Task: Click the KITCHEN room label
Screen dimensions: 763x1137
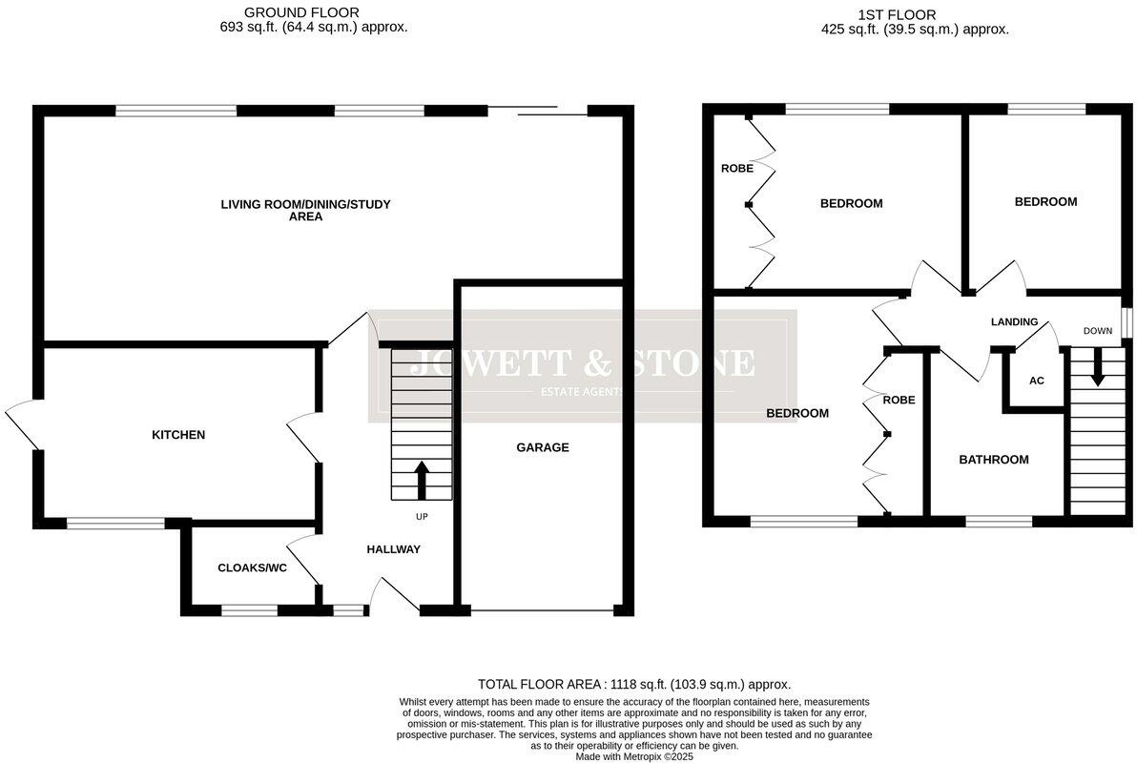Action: point(178,435)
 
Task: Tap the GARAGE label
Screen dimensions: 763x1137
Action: point(543,447)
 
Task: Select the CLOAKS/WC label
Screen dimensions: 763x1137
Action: point(252,567)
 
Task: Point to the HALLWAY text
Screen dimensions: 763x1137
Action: point(393,549)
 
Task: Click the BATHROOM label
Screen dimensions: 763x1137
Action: point(993,460)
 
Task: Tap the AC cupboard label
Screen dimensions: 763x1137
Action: point(1036,381)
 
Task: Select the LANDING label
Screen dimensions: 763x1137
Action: point(1014,322)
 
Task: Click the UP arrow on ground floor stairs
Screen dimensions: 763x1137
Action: point(420,480)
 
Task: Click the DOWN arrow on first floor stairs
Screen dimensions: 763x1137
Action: point(1097,368)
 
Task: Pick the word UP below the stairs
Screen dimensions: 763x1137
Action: point(422,517)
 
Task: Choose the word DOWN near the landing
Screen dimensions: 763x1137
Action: point(1097,331)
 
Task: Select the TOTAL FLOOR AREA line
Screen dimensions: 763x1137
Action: point(634,684)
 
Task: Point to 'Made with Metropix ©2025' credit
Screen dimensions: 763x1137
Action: point(634,756)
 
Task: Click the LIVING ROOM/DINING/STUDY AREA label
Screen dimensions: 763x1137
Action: point(305,210)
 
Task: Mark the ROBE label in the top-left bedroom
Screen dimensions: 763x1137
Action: point(736,169)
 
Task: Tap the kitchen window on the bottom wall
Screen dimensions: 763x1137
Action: point(115,522)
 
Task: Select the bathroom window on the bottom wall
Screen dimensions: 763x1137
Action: point(999,522)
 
